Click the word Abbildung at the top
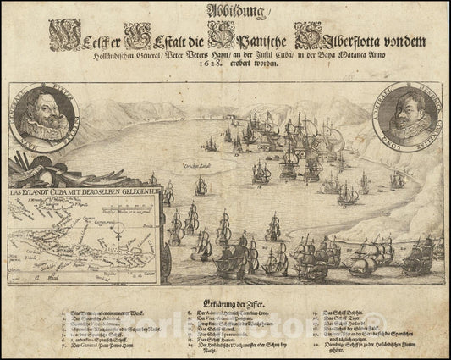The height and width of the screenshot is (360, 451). pyautogui.click(x=225, y=14)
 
